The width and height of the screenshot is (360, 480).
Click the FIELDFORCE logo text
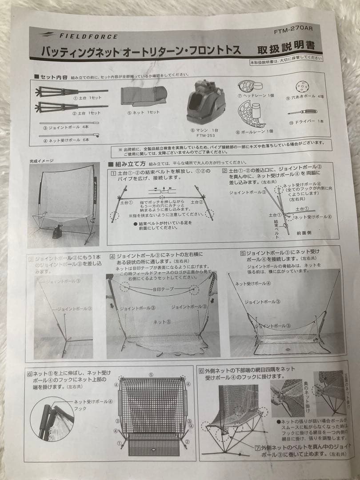coord(88,36)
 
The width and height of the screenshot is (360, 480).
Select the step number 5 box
coord(242,253)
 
